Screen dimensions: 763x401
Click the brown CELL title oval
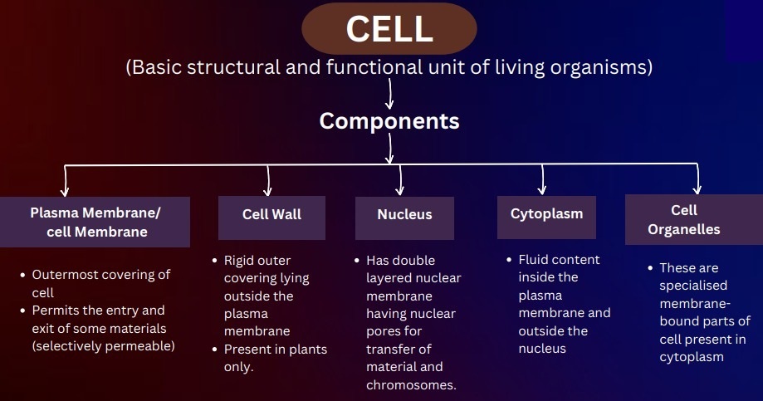(x=389, y=28)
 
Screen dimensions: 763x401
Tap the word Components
(x=389, y=121)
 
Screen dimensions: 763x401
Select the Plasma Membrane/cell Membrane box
(x=95, y=222)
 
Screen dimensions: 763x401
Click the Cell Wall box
(x=271, y=218)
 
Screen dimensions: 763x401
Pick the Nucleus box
(x=404, y=218)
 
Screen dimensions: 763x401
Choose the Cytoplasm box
(x=546, y=217)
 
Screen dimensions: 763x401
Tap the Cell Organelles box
(x=694, y=219)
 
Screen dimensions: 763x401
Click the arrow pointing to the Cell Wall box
(x=267, y=180)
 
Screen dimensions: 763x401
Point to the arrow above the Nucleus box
(x=400, y=180)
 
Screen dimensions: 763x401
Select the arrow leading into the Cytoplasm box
(x=542, y=179)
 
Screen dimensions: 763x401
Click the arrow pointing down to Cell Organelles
(x=697, y=178)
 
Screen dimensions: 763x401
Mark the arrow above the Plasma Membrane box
(x=65, y=181)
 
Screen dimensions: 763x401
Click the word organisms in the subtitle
(x=601, y=67)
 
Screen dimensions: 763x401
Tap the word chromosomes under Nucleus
(x=411, y=385)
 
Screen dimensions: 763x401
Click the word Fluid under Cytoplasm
(x=532, y=259)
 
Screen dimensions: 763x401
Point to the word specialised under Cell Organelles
(x=693, y=286)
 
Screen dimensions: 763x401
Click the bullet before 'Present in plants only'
(x=215, y=350)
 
